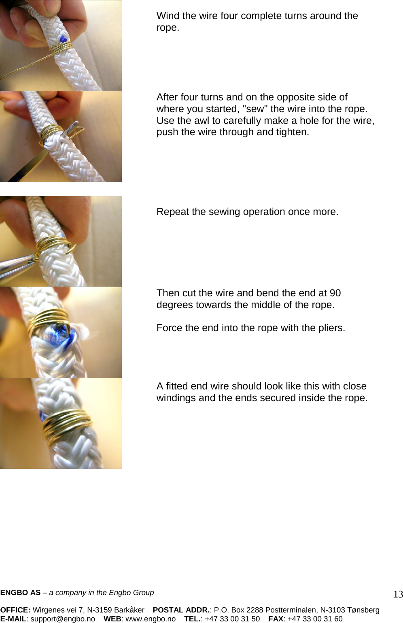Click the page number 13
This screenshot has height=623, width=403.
coord(398,594)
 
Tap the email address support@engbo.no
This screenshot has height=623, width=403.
coord(63,619)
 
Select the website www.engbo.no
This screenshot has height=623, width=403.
coord(151,619)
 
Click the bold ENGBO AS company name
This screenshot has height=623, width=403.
coord(20,593)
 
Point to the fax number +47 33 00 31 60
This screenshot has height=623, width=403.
coord(315,619)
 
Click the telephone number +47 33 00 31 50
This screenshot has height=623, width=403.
coord(232,619)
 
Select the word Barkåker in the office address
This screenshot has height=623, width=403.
coord(129,610)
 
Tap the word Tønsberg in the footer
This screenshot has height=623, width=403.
coord(363,610)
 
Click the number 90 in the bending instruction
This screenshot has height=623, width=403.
coord(335,293)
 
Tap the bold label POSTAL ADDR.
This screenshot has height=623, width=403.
coord(181,610)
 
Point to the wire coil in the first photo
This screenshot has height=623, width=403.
coord(63,47)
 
